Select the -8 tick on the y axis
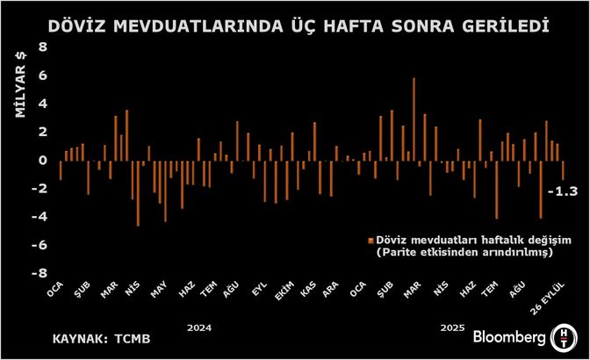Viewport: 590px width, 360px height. [39, 273]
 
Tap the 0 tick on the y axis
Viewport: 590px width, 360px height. [41, 160]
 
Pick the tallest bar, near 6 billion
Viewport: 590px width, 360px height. [414, 119]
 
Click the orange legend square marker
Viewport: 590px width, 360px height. [371, 239]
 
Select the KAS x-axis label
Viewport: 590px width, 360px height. [309, 291]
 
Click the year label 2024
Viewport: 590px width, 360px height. [200, 328]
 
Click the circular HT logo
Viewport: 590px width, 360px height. [562, 336]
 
